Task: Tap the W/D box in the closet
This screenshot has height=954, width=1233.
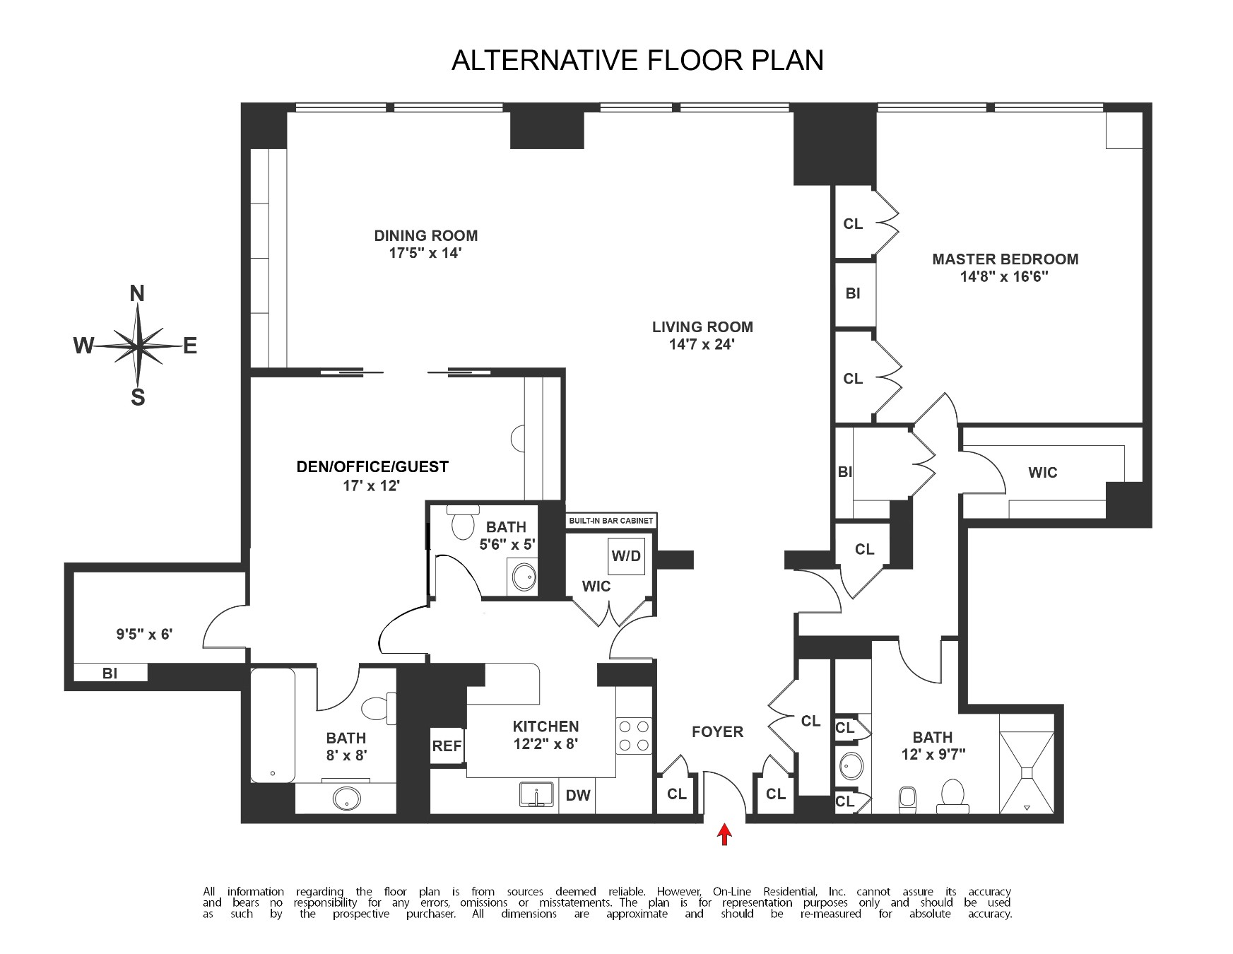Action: pyautogui.click(x=626, y=556)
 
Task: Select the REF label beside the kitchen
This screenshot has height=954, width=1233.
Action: pyautogui.click(x=447, y=746)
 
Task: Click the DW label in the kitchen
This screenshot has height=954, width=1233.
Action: pyautogui.click(x=578, y=796)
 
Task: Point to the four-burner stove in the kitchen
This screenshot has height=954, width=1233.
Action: pyautogui.click(x=634, y=735)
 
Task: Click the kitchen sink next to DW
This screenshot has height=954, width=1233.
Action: pyautogui.click(x=538, y=794)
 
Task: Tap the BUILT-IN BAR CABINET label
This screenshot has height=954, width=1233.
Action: pyautogui.click(x=611, y=522)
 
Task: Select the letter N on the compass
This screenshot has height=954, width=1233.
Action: pyautogui.click(x=137, y=293)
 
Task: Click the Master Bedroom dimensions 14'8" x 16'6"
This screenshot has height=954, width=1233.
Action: pyautogui.click(x=1004, y=277)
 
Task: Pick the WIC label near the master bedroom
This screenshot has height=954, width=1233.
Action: pyautogui.click(x=1042, y=473)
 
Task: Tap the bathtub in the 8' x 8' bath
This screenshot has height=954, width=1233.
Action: pyautogui.click(x=273, y=726)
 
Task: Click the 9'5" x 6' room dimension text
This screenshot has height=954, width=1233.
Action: pyautogui.click(x=144, y=635)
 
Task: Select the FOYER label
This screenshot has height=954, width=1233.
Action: pyautogui.click(x=717, y=732)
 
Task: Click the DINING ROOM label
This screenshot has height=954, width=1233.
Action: pyautogui.click(x=425, y=236)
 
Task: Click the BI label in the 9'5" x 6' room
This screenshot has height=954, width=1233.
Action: pyautogui.click(x=110, y=673)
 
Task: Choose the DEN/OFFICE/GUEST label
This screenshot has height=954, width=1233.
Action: pyautogui.click(x=372, y=466)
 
